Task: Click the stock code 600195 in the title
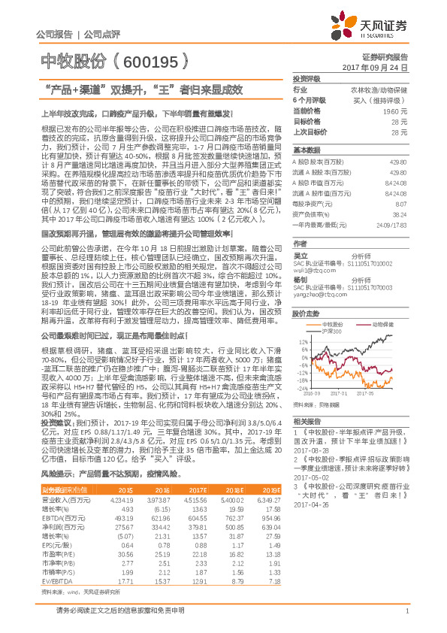click(161, 61)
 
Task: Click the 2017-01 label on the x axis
click(345, 392)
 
